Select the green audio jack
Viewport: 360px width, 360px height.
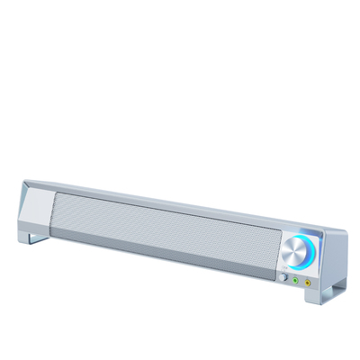pyautogui.click(x=294, y=280)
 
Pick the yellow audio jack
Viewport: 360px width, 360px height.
pyautogui.click(x=308, y=281)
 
